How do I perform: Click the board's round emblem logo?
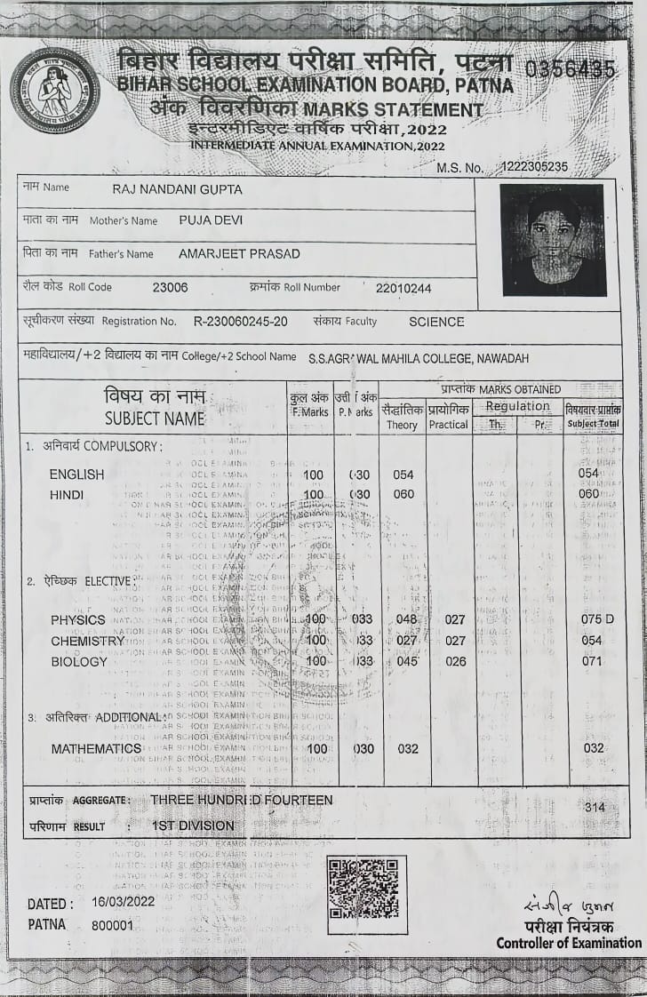(x=55, y=91)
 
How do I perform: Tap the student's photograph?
(x=553, y=240)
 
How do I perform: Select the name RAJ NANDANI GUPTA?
(x=178, y=189)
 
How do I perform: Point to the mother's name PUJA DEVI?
(x=211, y=220)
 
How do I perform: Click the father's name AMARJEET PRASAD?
(x=239, y=254)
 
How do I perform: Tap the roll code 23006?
(x=171, y=287)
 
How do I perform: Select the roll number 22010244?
(x=403, y=288)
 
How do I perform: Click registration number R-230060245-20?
(x=241, y=322)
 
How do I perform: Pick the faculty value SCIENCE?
(x=436, y=322)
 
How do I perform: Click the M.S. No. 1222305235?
(x=534, y=167)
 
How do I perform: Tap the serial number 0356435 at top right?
(x=571, y=69)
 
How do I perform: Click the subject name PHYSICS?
(x=78, y=619)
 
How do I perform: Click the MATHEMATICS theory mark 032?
(x=408, y=749)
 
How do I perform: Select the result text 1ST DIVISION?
(x=193, y=826)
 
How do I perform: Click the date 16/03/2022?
(x=124, y=903)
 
